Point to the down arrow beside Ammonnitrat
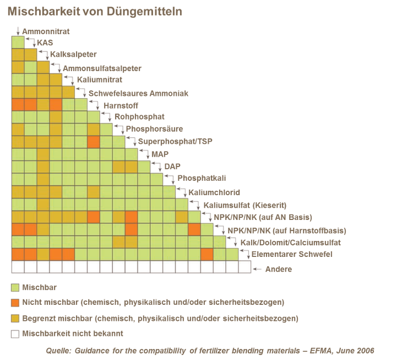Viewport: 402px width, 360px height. tap(18, 31)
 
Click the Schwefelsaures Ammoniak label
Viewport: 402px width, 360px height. tap(138, 93)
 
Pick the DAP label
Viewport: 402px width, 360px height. tap(171, 167)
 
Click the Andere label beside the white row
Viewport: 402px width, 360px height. tap(278, 270)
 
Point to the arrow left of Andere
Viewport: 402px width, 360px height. tap(256, 270)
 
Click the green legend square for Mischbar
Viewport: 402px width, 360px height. tap(15, 287)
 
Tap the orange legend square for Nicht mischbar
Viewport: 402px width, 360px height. tap(15, 303)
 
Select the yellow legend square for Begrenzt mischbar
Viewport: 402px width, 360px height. tap(15, 318)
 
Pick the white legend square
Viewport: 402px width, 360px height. tap(15, 334)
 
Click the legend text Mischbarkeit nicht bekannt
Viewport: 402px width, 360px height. tap(72, 334)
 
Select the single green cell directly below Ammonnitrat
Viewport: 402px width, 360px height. tap(18, 42)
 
